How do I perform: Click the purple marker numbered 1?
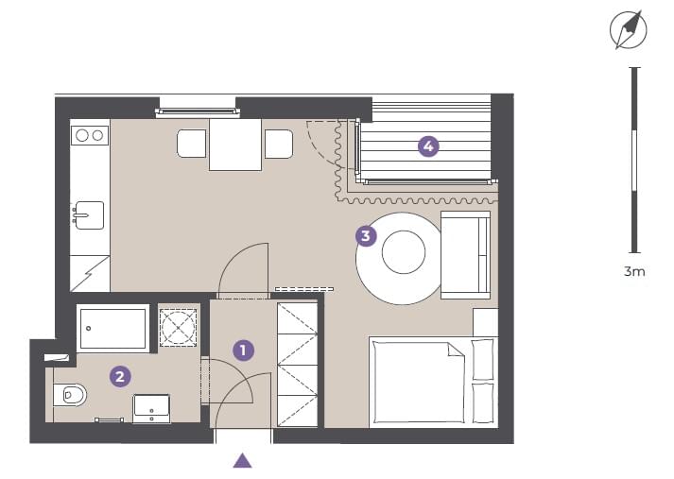tap(243, 351)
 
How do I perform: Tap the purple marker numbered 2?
tap(120, 377)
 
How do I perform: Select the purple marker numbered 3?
tap(366, 236)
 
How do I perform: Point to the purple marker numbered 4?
tap(428, 146)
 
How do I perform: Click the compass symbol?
tap(629, 30)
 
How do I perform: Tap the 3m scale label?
tap(634, 271)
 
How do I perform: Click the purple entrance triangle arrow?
tap(242, 460)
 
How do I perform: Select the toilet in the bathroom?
tap(70, 395)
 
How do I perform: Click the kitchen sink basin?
tap(89, 214)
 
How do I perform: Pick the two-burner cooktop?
tap(90, 136)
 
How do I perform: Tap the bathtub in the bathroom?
tap(113, 329)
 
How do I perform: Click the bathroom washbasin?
tap(151, 409)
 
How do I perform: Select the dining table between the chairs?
tap(235, 145)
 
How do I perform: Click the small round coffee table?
tap(404, 252)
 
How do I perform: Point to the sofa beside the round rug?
tap(466, 255)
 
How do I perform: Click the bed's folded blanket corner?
tap(456, 350)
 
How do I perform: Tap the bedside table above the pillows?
tap(486, 322)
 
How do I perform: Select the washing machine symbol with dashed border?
tap(178, 327)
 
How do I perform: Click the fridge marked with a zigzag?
tap(90, 274)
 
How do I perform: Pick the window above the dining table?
tap(198, 112)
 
